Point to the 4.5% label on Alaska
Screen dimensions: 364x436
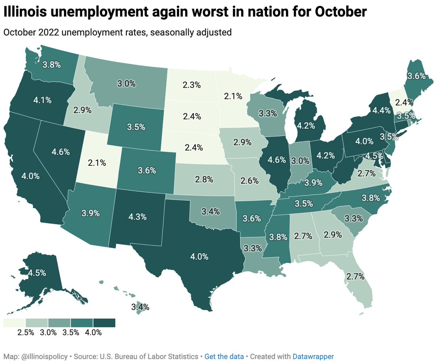27,273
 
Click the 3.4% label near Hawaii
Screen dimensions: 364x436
140,307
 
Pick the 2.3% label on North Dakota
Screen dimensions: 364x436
191,85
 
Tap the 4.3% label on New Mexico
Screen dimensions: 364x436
138,217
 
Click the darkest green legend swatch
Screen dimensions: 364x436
104,323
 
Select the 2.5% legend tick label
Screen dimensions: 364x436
26,332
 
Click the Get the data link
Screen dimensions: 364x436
220,356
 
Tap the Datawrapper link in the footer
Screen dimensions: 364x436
313,356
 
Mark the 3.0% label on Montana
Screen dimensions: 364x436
127,84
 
